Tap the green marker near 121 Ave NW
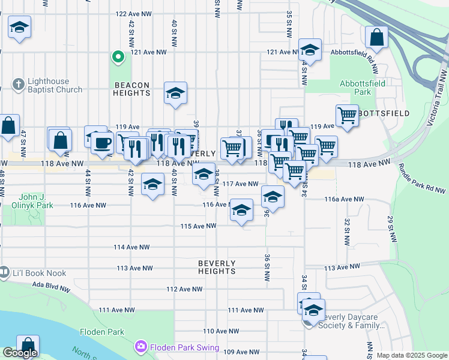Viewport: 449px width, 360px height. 118,58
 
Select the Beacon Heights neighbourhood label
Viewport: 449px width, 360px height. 131,89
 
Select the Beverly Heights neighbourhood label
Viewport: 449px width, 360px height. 217,267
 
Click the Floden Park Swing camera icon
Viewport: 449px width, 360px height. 141,346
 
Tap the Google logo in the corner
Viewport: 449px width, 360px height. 20,353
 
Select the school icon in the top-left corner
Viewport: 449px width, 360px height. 20,27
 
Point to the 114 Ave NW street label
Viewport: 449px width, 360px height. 131,247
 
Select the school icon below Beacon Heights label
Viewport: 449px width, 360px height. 175,93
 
